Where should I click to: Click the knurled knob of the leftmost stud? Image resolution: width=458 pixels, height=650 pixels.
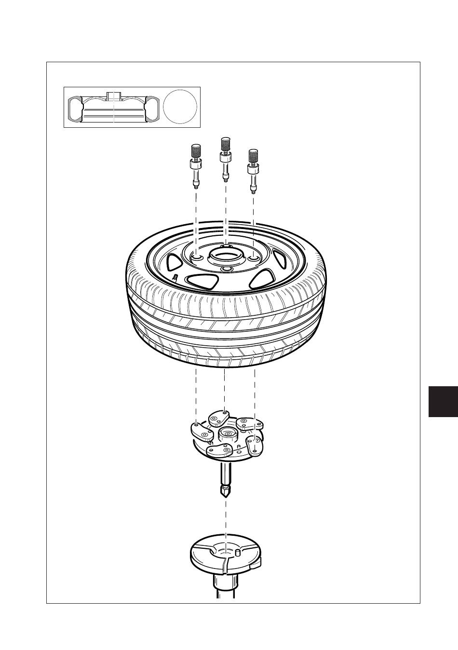coord(196,151)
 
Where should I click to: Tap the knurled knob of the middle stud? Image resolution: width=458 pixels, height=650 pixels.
coord(225,144)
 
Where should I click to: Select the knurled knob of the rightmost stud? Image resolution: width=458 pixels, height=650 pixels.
coord(253,156)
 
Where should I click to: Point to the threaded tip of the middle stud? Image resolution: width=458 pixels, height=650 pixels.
coord(225,179)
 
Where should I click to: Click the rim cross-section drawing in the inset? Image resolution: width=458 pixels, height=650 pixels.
coord(113,108)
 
